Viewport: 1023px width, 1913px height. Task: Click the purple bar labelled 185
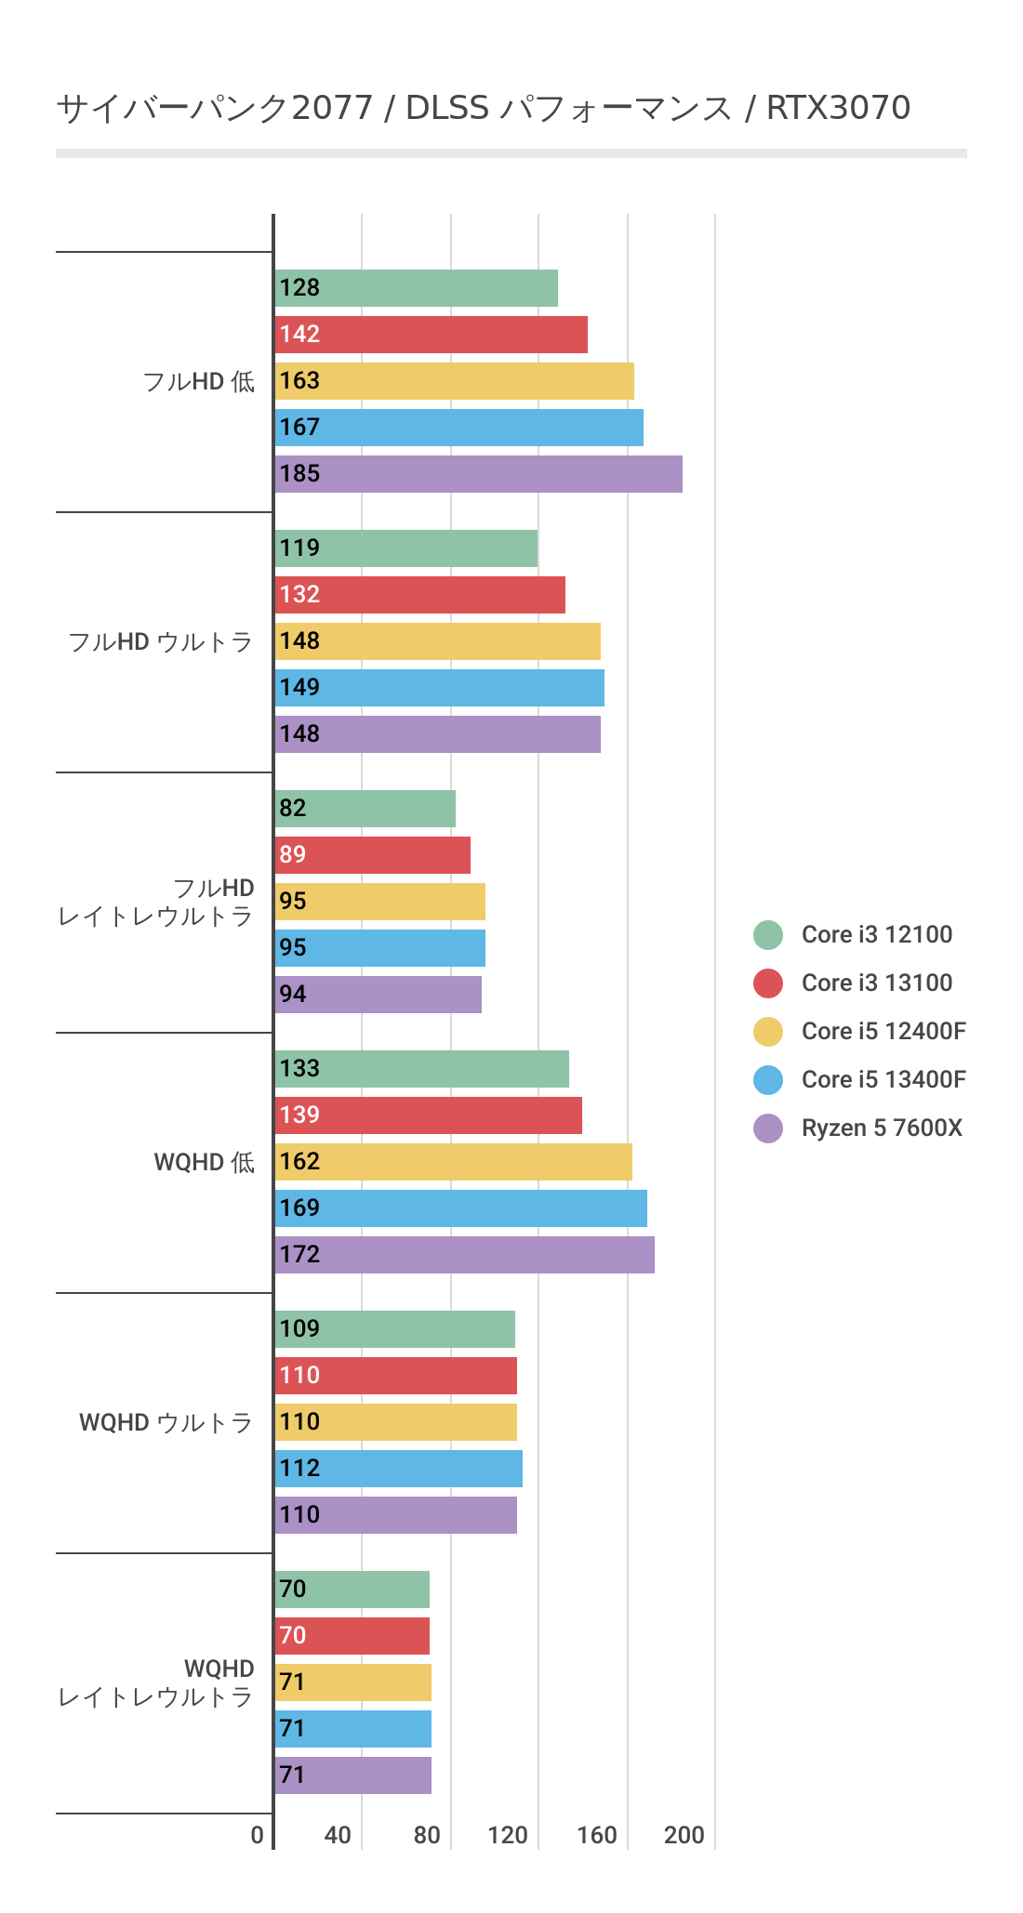[x=478, y=474]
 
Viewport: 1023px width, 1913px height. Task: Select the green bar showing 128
[x=416, y=288]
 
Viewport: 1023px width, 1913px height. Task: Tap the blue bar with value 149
[x=439, y=688]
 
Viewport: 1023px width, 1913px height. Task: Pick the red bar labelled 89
[x=372, y=855]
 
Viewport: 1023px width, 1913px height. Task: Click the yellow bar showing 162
[x=453, y=1162]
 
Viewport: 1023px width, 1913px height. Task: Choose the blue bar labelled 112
[x=398, y=1469]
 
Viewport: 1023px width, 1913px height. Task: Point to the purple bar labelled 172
[x=464, y=1255]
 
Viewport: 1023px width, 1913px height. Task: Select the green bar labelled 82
[x=365, y=809]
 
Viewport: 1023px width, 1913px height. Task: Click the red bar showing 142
[x=431, y=335]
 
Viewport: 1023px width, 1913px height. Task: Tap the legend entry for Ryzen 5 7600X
[x=881, y=1128]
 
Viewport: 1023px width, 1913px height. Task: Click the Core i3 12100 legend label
[x=876, y=935]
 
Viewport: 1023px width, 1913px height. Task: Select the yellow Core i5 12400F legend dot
[x=768, y=1032]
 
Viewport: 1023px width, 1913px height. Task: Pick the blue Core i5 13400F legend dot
[x=768, y=1080]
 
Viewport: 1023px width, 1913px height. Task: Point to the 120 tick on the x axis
[x=508, y=1835]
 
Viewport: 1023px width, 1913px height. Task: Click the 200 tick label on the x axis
[x=684, y=1835]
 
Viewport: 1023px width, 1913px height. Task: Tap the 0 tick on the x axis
[x=258, y=1835]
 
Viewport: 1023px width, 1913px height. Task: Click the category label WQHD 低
[x=204, y=1162]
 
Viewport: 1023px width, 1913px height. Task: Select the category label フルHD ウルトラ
[x=161, y=641]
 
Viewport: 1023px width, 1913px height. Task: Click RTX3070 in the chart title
[x=838, y=108]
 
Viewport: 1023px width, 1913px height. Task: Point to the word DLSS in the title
[x=447, y=108]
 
